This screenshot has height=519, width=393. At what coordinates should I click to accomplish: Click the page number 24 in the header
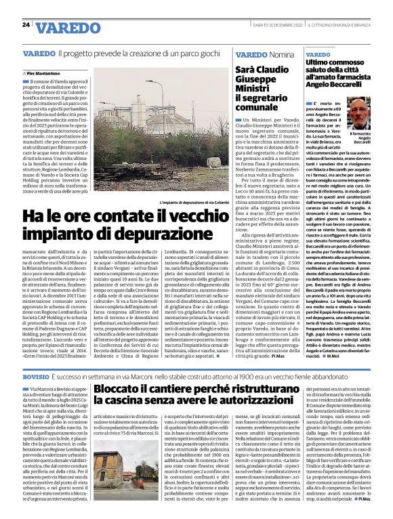[x=26, y=25]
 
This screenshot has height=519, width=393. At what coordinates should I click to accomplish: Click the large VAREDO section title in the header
[x=67, y=28]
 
